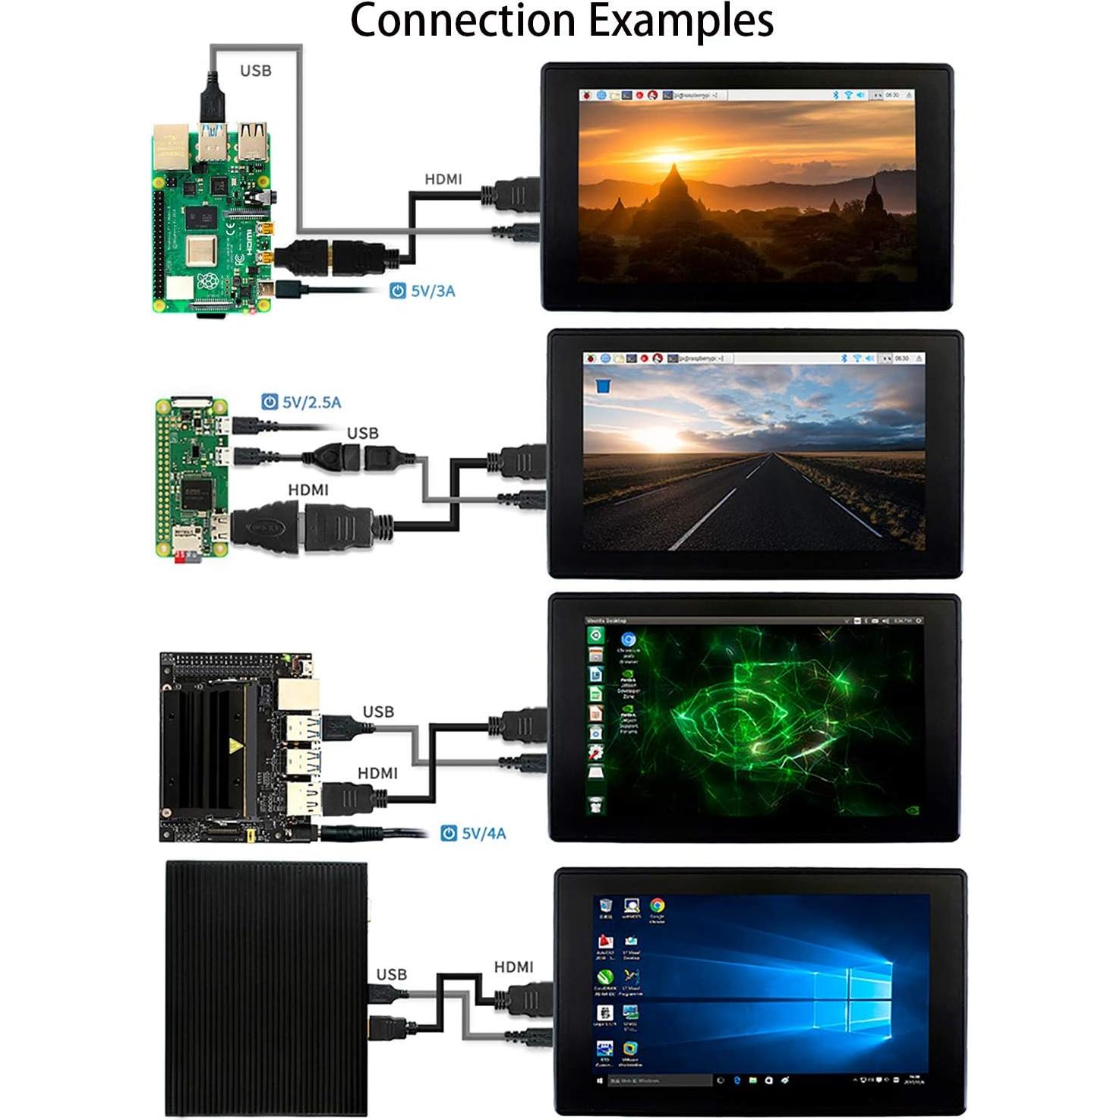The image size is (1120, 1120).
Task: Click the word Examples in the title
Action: tap(682, 21)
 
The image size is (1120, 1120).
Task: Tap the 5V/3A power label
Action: tap(432, 291)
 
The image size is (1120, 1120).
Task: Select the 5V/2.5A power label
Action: tap(311, 402)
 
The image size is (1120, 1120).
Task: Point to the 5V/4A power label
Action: tap(483, 833)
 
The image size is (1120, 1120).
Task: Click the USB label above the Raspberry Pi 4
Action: tap(255, 71)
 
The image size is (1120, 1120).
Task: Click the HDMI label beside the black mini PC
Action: tap(513, 967)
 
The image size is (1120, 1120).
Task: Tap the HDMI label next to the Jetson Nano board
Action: tap(377, 773)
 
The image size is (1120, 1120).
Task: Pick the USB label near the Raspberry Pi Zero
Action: tap(362, 433)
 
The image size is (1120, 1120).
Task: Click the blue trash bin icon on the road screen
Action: tap(603, 386)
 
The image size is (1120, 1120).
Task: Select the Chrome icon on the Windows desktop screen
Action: tap(657, 905)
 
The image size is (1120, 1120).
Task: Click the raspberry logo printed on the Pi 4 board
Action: tap(207, 282)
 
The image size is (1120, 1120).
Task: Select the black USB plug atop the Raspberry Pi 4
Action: tap(212, 98)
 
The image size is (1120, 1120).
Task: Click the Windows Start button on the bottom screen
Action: tap(600, 1080)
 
